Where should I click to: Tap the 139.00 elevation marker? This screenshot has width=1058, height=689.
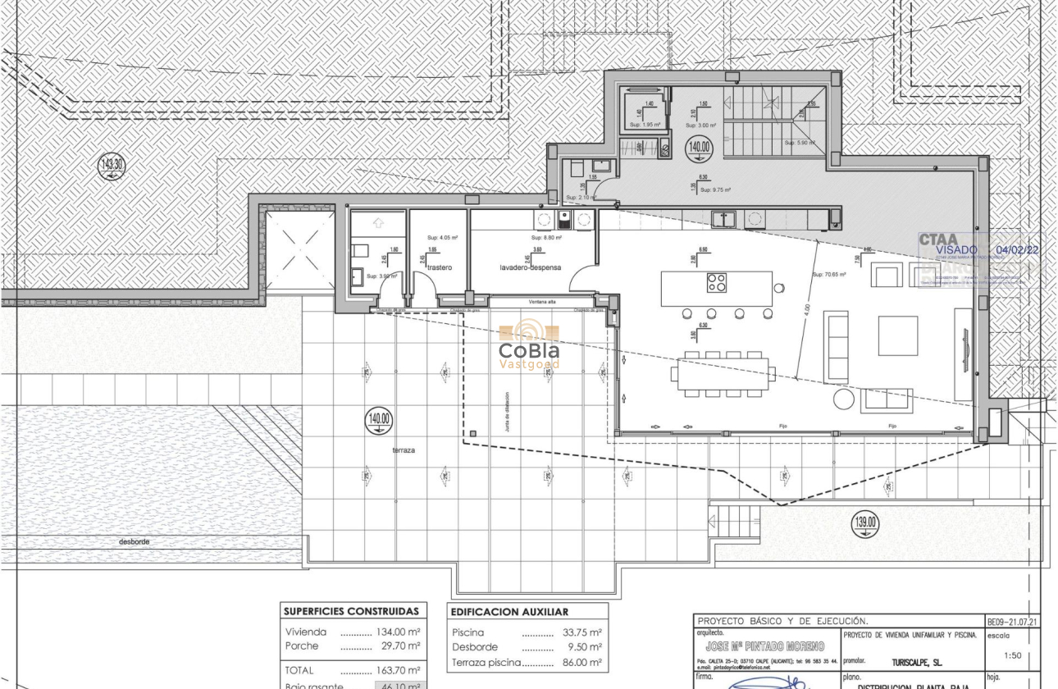865,522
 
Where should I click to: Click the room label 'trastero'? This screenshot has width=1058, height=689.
440,267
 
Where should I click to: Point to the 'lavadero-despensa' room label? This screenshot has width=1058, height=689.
531,267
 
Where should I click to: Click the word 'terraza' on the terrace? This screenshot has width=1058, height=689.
402,450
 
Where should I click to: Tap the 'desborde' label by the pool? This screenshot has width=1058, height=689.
134,541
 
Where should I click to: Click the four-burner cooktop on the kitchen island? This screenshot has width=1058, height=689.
716,283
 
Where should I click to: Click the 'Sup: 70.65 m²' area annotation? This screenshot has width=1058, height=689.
828,274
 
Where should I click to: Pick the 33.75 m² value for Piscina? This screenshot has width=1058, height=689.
582,632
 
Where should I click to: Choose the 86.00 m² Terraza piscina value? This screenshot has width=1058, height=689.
582,662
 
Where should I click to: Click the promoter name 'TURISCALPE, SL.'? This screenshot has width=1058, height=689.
916,660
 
